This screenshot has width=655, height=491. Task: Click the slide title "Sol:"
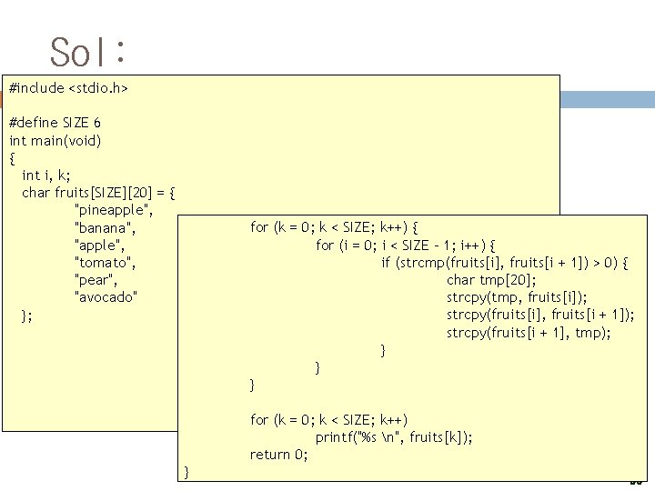click(x=87, y=52)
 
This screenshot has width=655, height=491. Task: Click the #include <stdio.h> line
click(x=68, y=88)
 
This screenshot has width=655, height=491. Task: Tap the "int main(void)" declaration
click(x=55, y=140)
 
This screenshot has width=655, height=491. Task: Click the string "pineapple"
click(x=114, y=210)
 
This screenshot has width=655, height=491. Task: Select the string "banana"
click(x=105, y=227)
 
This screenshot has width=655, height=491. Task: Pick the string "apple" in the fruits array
click(x=99, y=245)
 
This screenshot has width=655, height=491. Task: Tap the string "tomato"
click(x=105, y=263)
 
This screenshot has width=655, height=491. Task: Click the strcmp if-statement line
click(x=506, y=263)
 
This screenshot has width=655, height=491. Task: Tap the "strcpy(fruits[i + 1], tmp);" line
click(x=529, y=333)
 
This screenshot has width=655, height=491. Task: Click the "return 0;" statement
click(x=279, y=455)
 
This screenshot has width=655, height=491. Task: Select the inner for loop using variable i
click(x=406, y=245)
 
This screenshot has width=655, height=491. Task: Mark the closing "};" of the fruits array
click(x=27, y=316)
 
